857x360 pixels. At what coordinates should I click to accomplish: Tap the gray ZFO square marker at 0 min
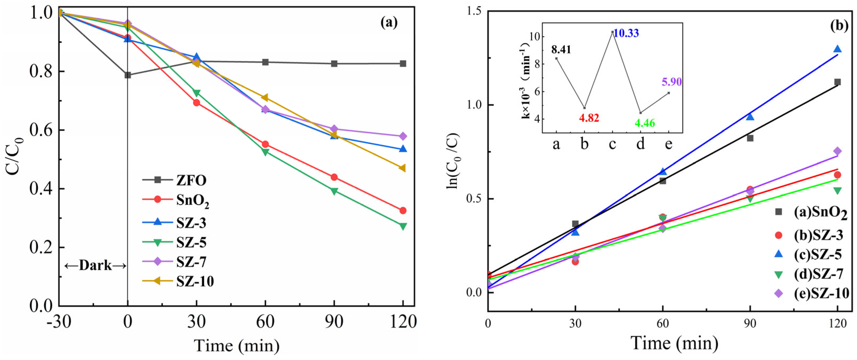[x=128, y=75]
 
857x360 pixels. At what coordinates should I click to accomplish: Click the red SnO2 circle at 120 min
[x=403, y=210]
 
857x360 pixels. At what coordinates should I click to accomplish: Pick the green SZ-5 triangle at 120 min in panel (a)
[x=403, y=226]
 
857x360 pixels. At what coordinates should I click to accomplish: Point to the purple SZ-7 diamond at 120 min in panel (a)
[x=403, y=136]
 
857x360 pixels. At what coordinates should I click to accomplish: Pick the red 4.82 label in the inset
[x=589, y=118]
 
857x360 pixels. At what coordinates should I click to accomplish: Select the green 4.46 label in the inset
[x=645, y=123]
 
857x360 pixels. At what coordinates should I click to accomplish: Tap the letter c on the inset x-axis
[x=612, y=144]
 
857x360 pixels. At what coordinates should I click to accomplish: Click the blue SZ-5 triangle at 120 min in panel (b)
[x=837, y=49]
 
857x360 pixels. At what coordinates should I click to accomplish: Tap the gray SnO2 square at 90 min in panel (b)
[x=750, y=138]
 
